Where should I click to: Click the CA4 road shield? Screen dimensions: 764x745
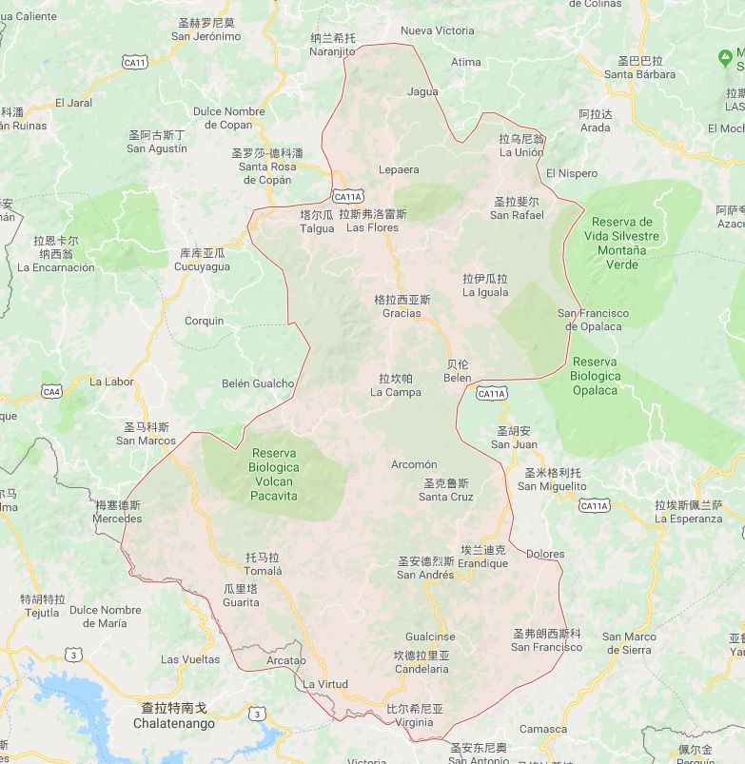(51, 391)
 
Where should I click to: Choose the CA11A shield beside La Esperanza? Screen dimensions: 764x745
(594, 505)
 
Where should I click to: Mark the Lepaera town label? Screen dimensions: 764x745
(398, 169)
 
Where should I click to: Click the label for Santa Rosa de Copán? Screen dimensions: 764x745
(267, 167)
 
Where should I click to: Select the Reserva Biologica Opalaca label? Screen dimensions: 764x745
(596, 376)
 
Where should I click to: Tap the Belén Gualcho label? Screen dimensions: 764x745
(257, 383)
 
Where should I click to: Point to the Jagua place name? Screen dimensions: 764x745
(422, 92)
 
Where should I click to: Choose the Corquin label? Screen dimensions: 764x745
(204, 321)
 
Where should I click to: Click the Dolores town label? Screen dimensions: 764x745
(544, 554)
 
